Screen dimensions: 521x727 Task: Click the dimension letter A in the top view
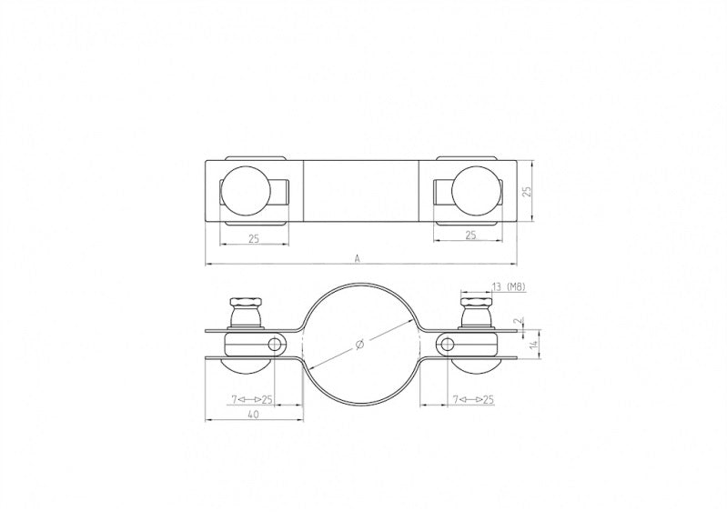click(358, 258)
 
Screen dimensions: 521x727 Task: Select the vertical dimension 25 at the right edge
click(526, 192)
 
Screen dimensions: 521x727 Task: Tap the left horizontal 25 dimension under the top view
click(254, 237)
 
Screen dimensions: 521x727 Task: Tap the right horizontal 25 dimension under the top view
click(470, 235)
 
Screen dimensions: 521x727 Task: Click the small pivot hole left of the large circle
click(276, 344)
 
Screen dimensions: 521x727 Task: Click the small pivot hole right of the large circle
click(447, 344)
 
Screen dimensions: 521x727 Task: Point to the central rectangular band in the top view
click(361, 192)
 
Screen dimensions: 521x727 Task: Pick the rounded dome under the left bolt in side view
click(246, 368)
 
